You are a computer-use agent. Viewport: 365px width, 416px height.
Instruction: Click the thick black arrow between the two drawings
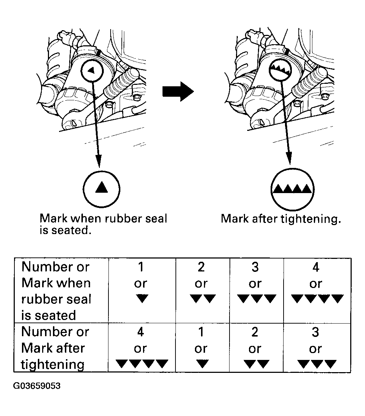[x=178, y=92]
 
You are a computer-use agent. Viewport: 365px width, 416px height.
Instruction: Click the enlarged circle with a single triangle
[x=101, y=187]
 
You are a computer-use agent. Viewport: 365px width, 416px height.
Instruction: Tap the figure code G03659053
[x=37, y=386]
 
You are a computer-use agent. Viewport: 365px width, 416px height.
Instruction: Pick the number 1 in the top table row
[x=141, y=267]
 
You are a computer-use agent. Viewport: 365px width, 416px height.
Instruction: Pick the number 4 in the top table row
[x=315, y=267]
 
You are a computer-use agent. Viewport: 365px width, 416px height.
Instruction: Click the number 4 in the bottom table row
[x=141, y=332]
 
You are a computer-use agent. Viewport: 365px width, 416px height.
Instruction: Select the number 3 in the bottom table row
[x=315, y=332]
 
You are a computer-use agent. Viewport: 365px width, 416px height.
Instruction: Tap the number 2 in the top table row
[x=201, y=267]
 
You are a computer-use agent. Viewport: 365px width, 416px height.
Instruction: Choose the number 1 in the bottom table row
[x=201, y=332]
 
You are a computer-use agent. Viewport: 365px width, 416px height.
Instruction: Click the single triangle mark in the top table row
[x=141, y=298]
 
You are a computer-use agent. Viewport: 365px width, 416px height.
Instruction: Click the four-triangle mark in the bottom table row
[x=142, y=364]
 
